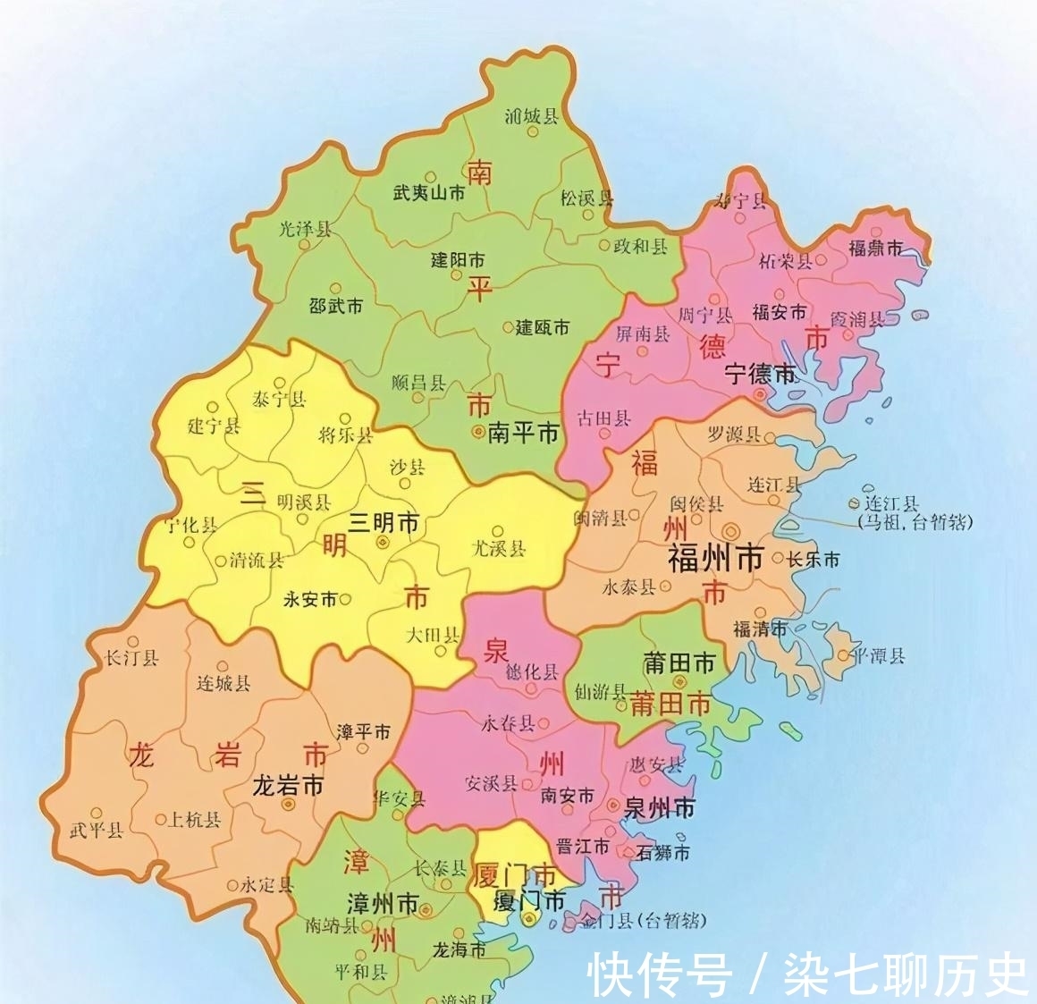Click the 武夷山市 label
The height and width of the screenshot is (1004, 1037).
click(x=429, y=192)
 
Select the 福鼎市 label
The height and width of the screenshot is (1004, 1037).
click(x=875, y=248)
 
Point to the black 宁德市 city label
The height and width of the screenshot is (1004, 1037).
click(x=760, y=373)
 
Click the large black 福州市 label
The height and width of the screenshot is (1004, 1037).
click(x=715, y=559)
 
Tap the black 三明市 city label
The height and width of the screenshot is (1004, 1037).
click(x=384, y=523)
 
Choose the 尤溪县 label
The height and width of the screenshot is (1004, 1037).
click(x=499, y=548)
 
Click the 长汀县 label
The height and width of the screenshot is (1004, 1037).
click(x=131, y=658)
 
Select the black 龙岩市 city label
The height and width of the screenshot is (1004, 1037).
click(x=288, y=786)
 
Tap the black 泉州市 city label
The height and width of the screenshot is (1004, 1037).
click(x=659, y=808)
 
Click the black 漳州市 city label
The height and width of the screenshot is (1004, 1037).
click(x=383, y=904)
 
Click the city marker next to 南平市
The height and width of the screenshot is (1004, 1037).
click(x=479, y=434)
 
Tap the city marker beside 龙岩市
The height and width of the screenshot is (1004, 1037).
click(x=288, y=805)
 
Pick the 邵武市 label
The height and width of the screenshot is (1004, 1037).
click(x=335, y=306)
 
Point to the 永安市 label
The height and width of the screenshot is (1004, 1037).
click(x=310, y=599)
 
